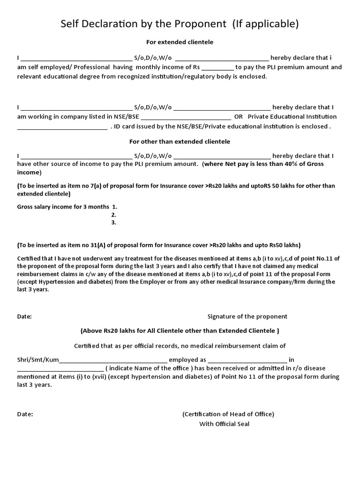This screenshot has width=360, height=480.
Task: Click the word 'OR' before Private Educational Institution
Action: pyautogui.click(x=239, y=116)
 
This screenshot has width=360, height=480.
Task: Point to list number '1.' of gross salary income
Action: pyautogui.click(x=114, y=206)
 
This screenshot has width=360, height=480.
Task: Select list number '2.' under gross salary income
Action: pyautogui.click(x=113, y=215)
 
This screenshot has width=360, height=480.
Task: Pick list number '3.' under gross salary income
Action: pyautogui.click(x=113, y=223)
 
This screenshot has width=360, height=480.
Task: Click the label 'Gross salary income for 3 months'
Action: pyautogui.click(x=63, y=206)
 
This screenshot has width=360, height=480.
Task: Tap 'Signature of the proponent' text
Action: pyautogui.click(x=247, y=316)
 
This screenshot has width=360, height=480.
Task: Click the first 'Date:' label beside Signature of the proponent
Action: pyautogui.click(x=24, y=316)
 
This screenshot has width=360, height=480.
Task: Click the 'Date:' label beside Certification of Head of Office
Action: pyautogui.click(x=25, y=414)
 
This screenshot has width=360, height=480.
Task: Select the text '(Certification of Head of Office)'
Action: pyautogui.click(x=228, y=414)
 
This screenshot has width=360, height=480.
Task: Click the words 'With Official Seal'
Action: pyautogui.click(x=225, y=424)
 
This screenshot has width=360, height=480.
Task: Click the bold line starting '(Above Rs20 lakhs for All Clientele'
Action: pyautogui.click(x=180, y=330)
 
